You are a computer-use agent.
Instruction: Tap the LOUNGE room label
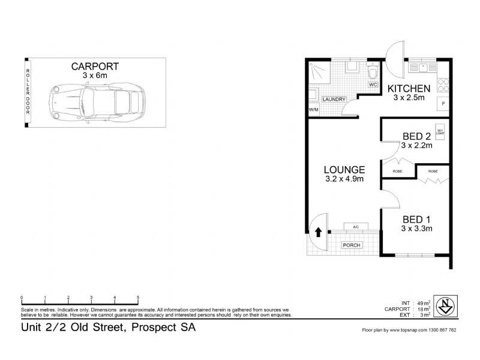click(344, 169)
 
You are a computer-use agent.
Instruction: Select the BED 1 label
click(417, 219)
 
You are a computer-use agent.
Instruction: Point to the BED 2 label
click(416, 136)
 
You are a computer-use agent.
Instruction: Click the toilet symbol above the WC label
click(372, 74)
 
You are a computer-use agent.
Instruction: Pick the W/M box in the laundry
click(313, 110)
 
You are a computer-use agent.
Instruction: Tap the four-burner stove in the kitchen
click(443, 85)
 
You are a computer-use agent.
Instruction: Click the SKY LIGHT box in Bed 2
click(440, 132)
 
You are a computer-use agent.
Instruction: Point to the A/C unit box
click(355, 227)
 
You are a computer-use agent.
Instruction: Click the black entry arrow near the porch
click(318, 232)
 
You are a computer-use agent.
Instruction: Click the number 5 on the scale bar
click(138, 298)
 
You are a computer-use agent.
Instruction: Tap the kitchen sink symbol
click(423, 67)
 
